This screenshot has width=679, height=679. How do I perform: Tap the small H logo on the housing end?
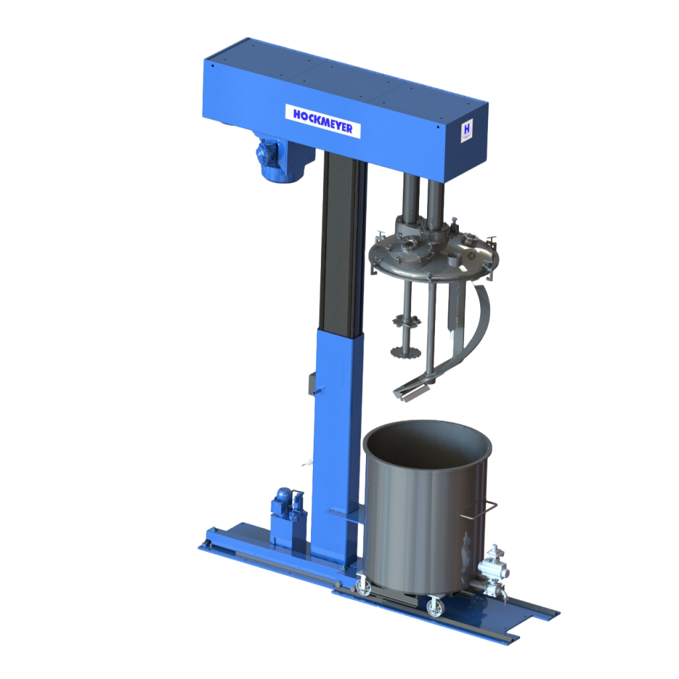click(x=466, y=128)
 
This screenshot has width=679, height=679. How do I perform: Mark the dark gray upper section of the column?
click(x=341, y=245)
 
